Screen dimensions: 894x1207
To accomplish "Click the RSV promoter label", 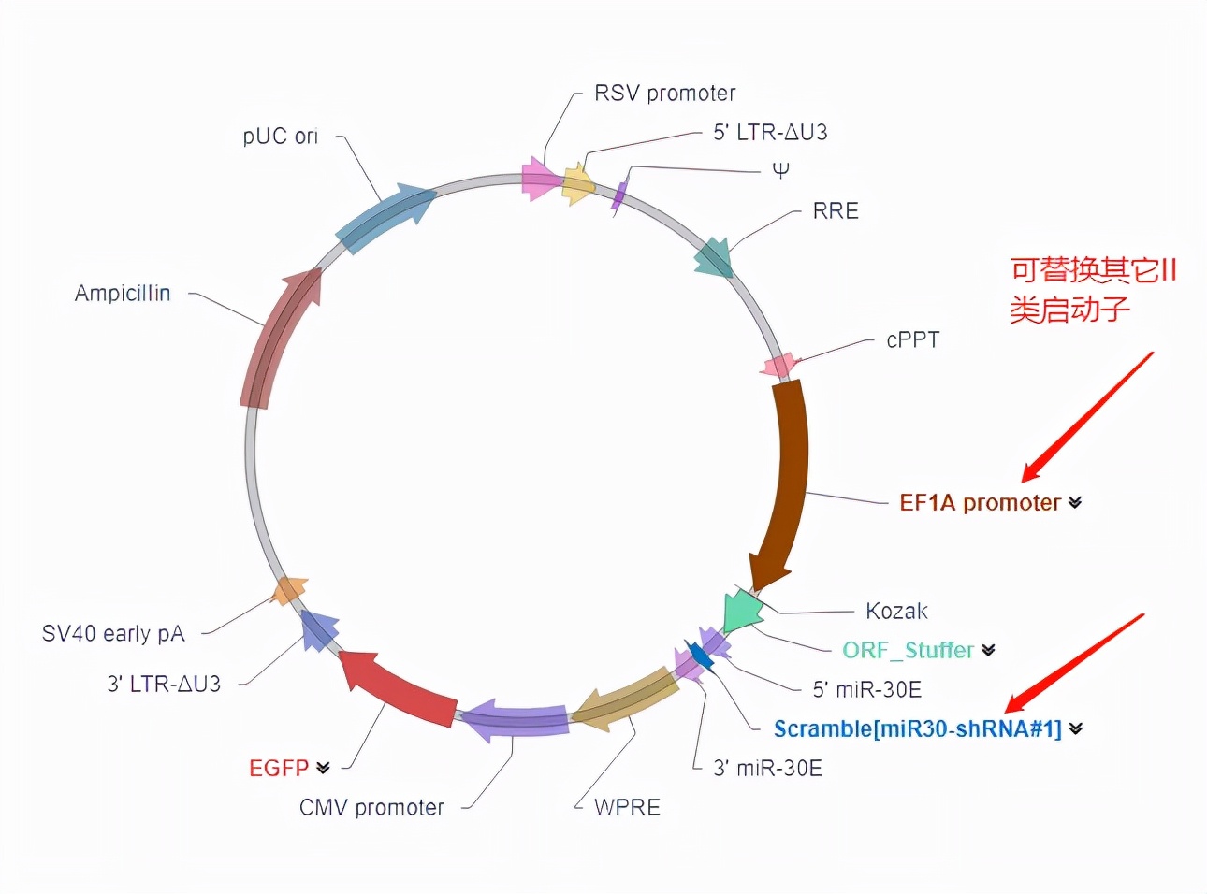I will (x=664, y=94).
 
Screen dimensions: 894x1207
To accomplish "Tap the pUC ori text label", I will (x=280, y=137).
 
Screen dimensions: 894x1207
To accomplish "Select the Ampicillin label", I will (x=123, y=294).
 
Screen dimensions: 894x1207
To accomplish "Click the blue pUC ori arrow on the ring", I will (x=384, y=218).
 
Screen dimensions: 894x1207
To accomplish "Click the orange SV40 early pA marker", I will (x=289, y=590).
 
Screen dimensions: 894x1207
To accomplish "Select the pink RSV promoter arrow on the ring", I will (x=539, y=179).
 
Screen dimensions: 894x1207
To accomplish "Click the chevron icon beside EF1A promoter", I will (x=1075, y=503).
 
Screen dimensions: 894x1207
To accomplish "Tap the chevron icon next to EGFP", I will (x=323, y=768).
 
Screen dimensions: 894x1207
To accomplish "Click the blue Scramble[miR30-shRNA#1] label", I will (x=917, y=729).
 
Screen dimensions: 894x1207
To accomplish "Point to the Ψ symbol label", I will (x=780, y=170).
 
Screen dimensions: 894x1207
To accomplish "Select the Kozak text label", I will (x=896, y=612).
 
